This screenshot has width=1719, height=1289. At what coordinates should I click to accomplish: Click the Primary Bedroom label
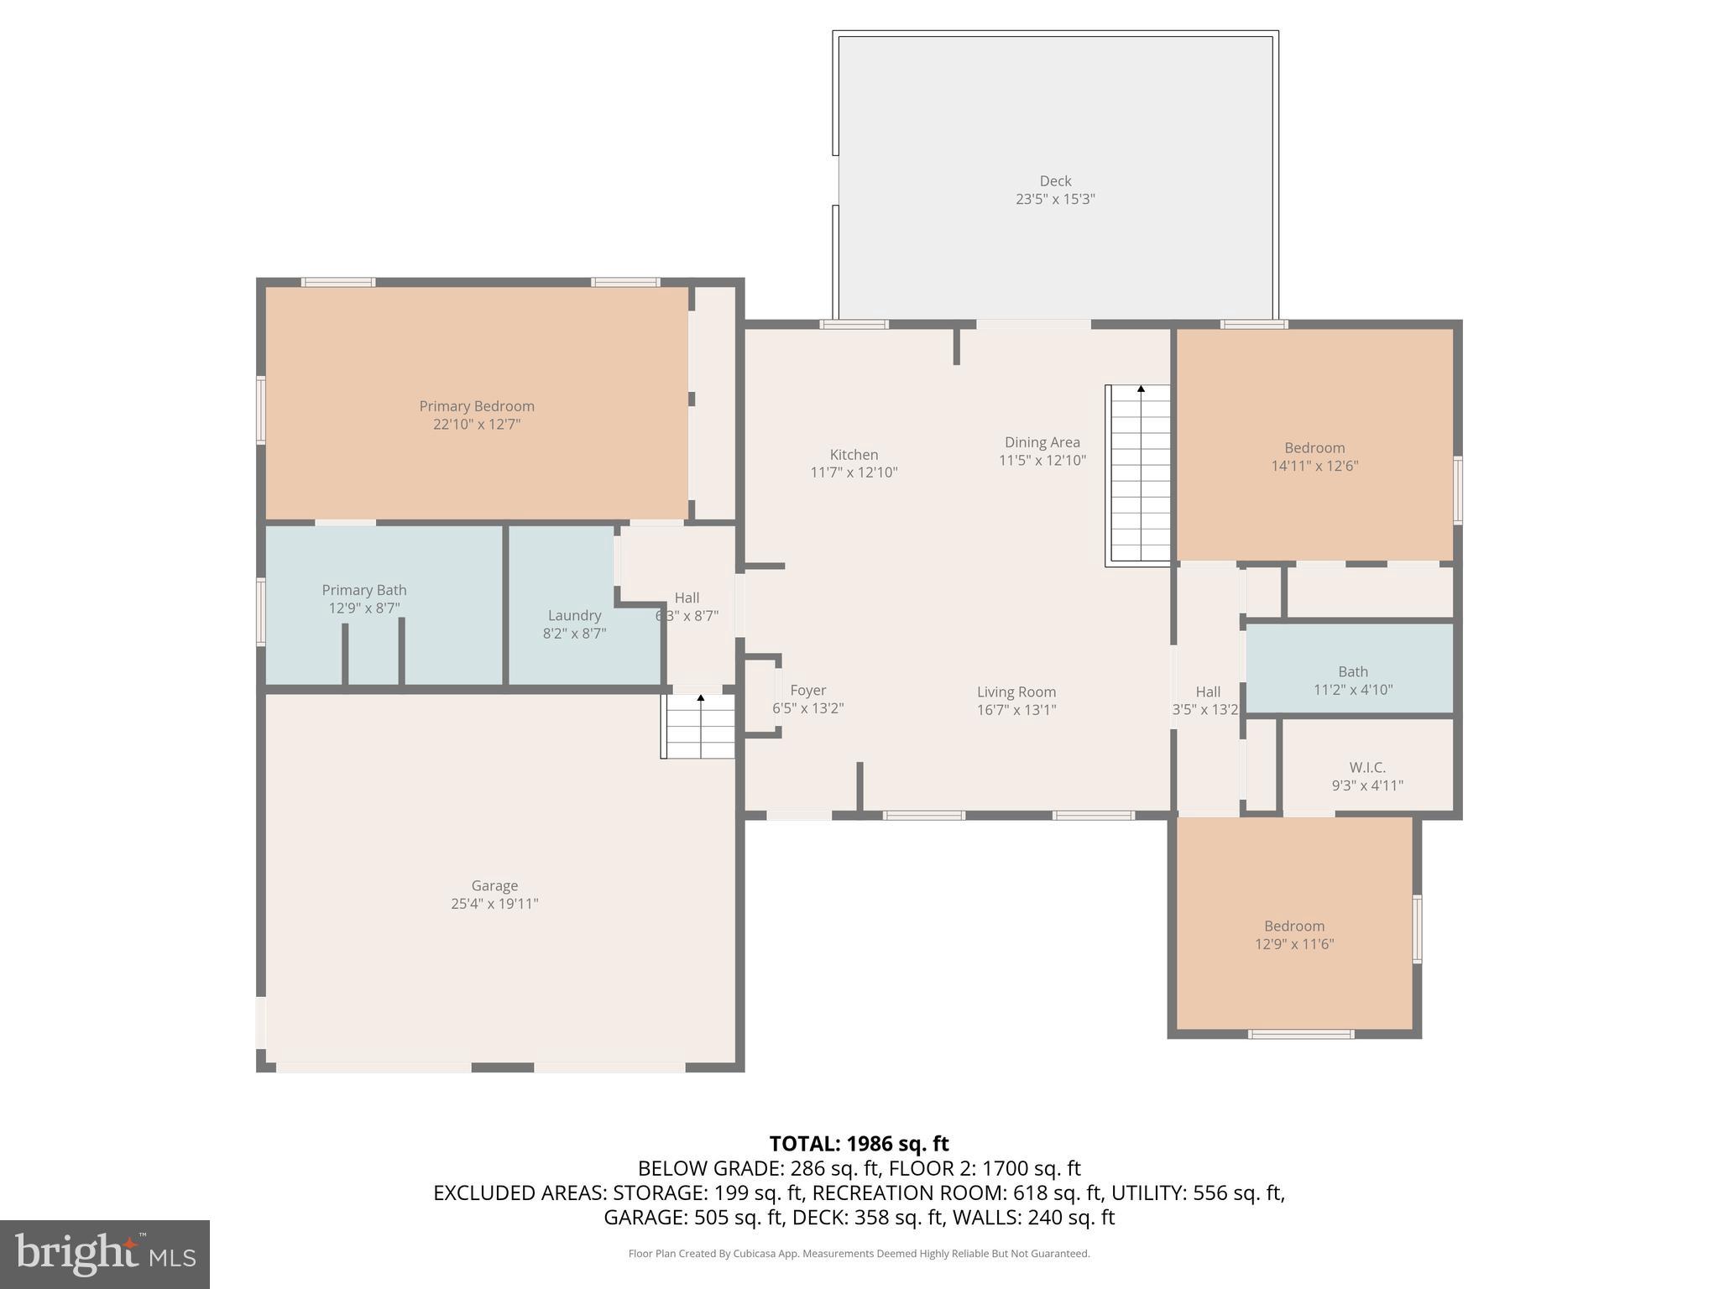[477, 407]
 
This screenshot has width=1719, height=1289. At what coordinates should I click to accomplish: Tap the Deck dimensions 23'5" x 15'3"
[1055, 200]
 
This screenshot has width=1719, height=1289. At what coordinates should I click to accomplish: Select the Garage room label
[494, 886]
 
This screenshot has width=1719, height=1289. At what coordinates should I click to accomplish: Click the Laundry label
[574, 616]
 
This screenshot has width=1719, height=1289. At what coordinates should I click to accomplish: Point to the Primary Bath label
[364, 591]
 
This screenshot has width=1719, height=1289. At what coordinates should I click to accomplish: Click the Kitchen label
[854, 456]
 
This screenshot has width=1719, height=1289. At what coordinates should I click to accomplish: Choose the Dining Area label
[1042, 443]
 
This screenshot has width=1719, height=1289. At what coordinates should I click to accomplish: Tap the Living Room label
[1016, 692]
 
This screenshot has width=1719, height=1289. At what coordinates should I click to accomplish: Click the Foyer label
[807, 691]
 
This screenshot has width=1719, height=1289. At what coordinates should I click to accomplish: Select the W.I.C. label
[1367, 768]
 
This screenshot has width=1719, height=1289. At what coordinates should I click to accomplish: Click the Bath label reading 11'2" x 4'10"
[1352, 681]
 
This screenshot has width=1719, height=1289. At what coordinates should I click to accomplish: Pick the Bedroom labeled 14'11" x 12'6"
[1314, 457]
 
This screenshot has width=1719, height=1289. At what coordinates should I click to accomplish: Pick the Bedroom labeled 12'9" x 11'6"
[1294, 935]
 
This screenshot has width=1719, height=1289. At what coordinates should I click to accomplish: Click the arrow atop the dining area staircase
[1141, 389]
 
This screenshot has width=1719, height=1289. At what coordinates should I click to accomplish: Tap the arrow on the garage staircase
[701, 698]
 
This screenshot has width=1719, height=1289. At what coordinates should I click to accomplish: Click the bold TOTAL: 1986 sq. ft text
[859, 1144]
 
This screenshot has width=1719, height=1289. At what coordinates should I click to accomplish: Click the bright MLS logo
[105, 1255]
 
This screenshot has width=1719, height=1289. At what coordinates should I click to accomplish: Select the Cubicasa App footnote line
[859, 1254]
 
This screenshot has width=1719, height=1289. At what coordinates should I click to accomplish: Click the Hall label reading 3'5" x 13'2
[1206, 701]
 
